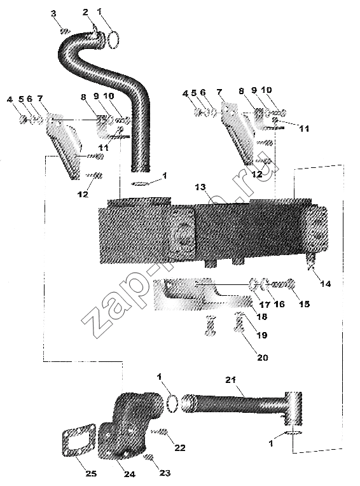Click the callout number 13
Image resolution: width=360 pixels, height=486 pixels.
click(200, 187)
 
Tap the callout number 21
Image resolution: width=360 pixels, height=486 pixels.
click(230, 380)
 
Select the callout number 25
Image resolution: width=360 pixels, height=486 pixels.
click(91, 473)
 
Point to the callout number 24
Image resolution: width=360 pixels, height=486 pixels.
click(130, 474)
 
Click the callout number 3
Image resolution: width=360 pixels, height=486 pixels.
click(53, 13)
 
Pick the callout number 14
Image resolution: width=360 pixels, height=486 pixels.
click(325, 283)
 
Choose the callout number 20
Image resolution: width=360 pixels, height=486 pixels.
click(263, 358)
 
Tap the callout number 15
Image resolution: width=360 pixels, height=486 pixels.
click(304, 304)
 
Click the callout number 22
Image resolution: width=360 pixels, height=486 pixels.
click(180, 448)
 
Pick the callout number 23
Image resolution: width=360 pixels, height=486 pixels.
click(165, 473)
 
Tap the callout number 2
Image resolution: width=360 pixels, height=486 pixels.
click(85, 12)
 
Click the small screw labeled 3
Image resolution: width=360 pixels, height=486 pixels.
click(66, 31)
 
